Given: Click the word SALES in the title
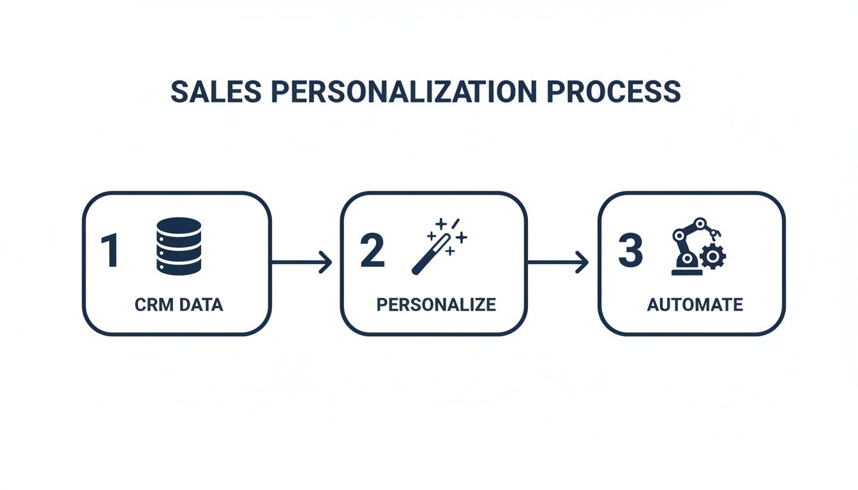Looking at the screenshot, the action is click(x=216, y=93).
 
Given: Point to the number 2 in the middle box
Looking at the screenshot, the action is click(x=373, y=250).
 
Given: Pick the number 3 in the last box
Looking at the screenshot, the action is click(x=630, y=250).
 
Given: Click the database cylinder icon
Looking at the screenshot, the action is click(x=179, y=246).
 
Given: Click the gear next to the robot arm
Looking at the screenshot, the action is click(x=712, y=256).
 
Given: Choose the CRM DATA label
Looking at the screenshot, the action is click(x=179, y=304).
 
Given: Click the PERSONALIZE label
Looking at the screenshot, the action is click(x=436, y=304).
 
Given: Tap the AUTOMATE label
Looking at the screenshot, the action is click(x=695, y=304).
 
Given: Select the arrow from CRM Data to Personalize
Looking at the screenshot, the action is click(x=302, y=262).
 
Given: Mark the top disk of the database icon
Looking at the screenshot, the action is click(x=179, y=227).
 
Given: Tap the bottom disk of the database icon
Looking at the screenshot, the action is click(x=179, y=266).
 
